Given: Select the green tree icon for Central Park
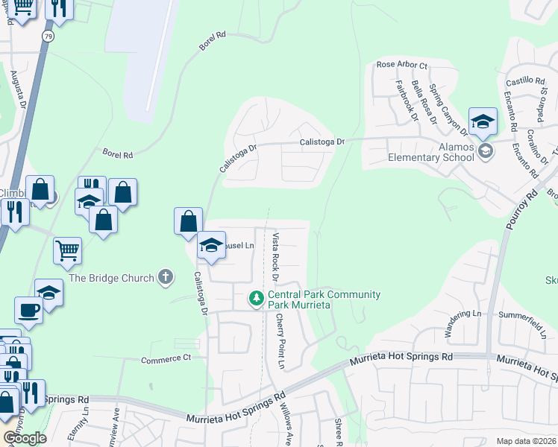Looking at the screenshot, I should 257,299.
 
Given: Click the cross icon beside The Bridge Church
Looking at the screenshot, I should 166,278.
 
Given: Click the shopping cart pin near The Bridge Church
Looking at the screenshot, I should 67,251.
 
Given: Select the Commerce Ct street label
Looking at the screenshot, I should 166,359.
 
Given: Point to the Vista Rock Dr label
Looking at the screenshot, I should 275,256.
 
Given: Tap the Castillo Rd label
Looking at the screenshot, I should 525,80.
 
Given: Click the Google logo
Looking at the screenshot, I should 24,438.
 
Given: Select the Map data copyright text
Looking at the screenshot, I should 525,441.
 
